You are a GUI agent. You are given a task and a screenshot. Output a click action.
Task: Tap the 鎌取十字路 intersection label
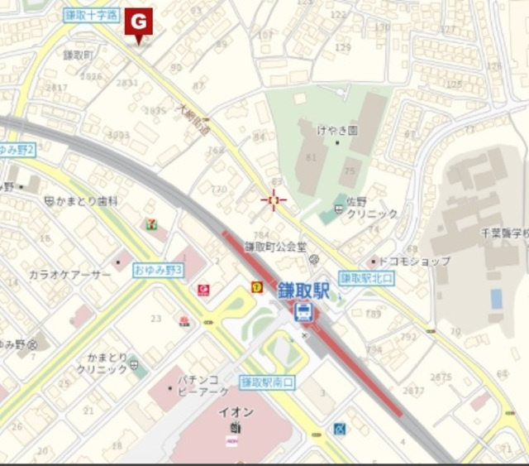pyautogui.click(x=91, y=16)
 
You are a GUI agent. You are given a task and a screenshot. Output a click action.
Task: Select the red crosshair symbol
pyautogui.click(x=274, y=199)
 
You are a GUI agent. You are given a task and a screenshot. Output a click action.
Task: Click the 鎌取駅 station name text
pyautogui.click(x=303, y=291)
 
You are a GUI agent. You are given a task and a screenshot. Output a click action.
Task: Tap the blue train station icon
pyautogui.click(x=303, y=312)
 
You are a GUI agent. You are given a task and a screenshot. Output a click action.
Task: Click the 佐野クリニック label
pyautogui.click(x=372, y=208)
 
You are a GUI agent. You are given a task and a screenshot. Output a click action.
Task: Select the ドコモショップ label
pyautogui.click(x=417, y=262)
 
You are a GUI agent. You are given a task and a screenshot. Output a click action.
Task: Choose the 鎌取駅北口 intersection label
pyautogui.click(x=367, y=278)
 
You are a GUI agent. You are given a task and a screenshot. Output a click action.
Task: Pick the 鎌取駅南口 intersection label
pyautogui.click(x=268, y=382)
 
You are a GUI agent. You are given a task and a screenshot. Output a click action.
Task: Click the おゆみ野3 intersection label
pyautogui.click(x=158, y=271)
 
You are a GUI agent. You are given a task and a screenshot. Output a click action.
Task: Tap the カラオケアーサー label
pyautogui.click(x=70, y=274)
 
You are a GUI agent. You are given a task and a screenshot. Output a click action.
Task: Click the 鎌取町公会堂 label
pyautogui.click(x=275, y=246)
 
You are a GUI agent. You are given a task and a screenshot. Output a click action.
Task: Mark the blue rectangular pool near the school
pyautogui.click(x=496, y=299)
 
